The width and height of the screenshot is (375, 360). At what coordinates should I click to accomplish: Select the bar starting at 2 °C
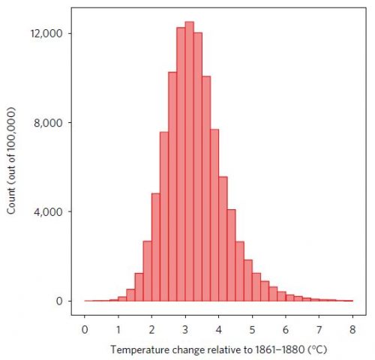156,247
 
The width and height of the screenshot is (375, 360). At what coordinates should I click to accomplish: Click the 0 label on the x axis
85,328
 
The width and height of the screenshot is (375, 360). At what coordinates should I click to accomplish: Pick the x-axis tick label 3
185,328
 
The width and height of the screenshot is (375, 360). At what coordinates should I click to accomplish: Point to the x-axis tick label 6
286,328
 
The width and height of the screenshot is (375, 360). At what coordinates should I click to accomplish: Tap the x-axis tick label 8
352,328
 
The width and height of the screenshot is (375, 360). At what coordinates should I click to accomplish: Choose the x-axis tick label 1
118,328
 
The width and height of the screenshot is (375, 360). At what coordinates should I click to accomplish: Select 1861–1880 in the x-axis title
281,349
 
